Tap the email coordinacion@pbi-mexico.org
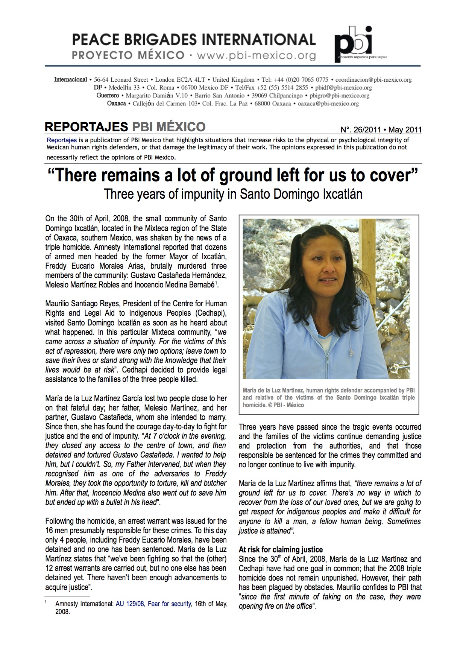pos(373,80)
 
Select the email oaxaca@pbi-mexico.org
pos(328,103)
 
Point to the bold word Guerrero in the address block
pos(108,96)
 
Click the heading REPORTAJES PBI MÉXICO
pos(125,127)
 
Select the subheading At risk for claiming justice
pos(281,549)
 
